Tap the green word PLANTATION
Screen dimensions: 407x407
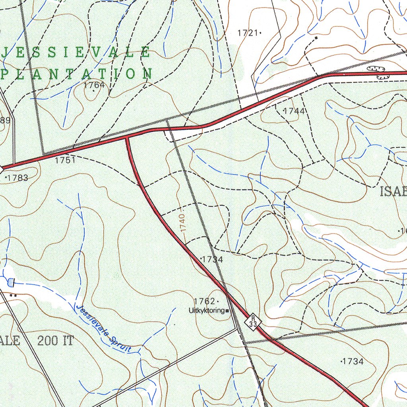(77, 74)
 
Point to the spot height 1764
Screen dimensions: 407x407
(94, 85)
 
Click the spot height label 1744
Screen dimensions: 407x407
(294, 111)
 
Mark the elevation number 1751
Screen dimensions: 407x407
(65, 160)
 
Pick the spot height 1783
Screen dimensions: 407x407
(17, 178)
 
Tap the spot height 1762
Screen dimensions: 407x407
(205, 301)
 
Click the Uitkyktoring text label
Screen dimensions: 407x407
(206, 311)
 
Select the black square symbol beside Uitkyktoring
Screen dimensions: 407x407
(227, 311)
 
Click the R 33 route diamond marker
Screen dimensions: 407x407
(253, 321)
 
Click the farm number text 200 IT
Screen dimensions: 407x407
(55, 341)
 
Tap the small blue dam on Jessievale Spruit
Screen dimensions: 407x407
(10, 283)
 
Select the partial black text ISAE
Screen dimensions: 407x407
(393, 192)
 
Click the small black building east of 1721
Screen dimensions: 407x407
(316, 38)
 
